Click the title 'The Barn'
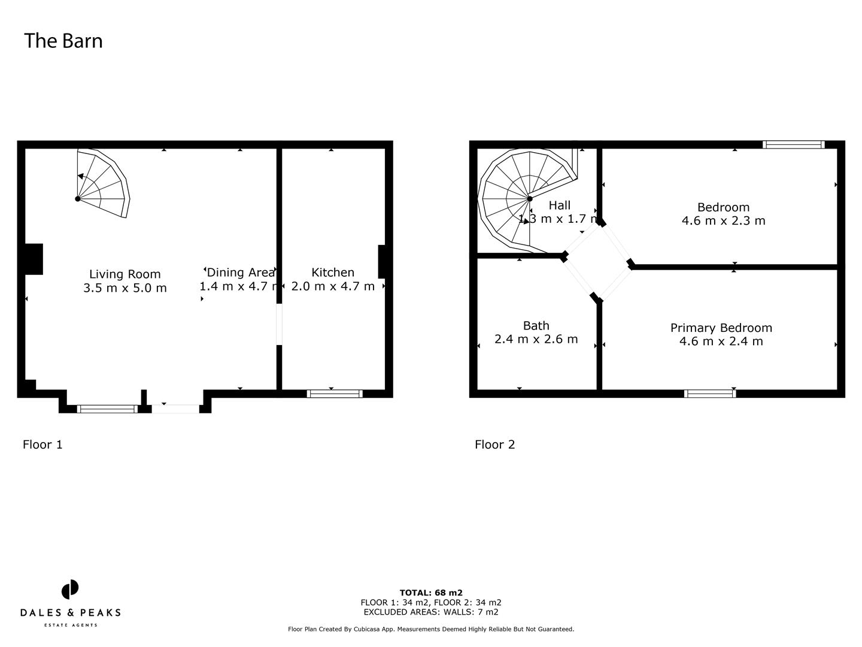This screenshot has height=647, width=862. [63, 41]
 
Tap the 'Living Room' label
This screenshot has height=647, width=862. [125, 274]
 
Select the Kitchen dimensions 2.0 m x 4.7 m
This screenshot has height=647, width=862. [333, 286]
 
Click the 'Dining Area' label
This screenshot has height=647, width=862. [240, 273]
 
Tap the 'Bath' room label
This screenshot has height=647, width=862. [536, 326]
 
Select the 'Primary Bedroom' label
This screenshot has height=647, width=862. [721, 328]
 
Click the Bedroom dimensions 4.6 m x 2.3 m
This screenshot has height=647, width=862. [723, 220]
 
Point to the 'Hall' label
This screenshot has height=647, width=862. [559, 205]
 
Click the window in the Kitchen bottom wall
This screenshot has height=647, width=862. [335, 394]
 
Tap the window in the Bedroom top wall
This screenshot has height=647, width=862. [794, 144]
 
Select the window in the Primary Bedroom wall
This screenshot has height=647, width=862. [710, 394]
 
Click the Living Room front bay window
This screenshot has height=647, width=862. [107, 409]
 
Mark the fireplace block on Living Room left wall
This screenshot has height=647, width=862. [34, 259]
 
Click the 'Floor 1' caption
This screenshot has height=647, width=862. [43, 445]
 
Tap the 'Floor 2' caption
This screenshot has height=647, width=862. [494, 445]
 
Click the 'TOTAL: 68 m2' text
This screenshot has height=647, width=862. [431, 593]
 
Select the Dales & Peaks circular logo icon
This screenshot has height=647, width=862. [70, 589]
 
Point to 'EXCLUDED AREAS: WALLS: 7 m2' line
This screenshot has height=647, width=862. [431, 612]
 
